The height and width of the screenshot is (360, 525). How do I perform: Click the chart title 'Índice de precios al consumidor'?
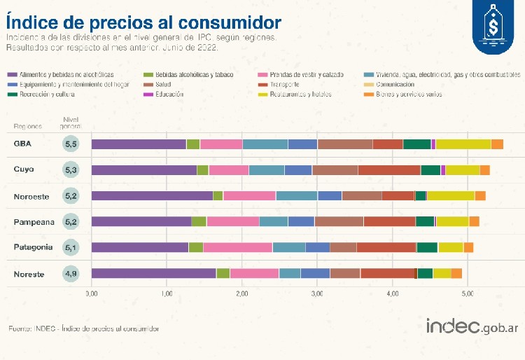click(x=144, y=20)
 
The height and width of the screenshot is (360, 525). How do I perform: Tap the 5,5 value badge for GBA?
click(x=71, y=144)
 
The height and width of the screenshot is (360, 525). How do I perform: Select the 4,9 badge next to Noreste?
click(x=71, y=273)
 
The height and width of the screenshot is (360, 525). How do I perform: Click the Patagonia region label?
click(x=33, y=247)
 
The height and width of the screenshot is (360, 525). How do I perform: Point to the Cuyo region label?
click(x=24, y=169)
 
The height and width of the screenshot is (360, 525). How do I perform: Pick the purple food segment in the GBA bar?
click(x=139, y=144)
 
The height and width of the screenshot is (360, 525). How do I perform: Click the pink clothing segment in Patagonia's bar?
click(x=237, y=247)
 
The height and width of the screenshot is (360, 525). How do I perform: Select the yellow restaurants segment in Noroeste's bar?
click(x=451, y=195)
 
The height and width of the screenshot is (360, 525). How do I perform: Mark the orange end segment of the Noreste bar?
click(x=456, y=273)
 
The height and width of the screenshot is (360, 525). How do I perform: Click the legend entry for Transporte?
click(x=284, y=84)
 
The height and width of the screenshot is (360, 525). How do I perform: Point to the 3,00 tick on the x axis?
click(x=317, y=293)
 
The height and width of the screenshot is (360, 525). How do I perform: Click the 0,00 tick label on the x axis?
click(x=92, y=293)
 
